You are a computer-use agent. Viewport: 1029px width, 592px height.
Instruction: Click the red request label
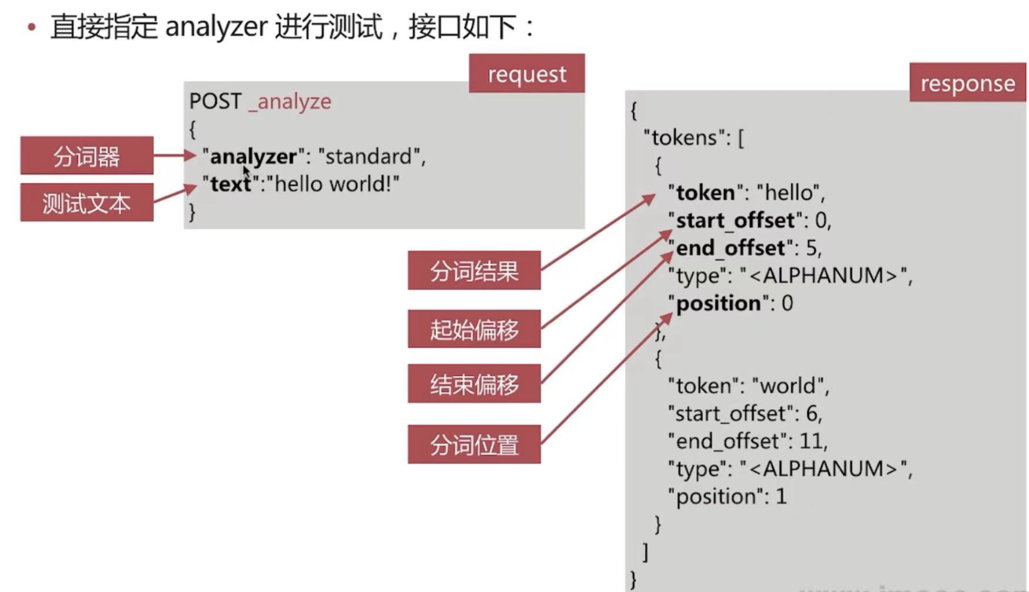pyautogui.click(x=527, y=74)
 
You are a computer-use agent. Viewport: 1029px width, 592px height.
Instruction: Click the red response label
pyautogui.click(x=967, y=83)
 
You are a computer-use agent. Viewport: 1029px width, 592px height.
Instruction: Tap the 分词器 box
pyautogui.click(x=86, y=156)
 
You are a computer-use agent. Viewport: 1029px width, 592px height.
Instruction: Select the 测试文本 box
pyautogui.click(x=86, y=203)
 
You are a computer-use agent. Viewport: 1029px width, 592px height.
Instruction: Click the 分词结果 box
pyautogui.click(x=474, y=271)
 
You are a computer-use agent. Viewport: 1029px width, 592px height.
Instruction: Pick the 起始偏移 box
pyautogui.click(x=474, y=329)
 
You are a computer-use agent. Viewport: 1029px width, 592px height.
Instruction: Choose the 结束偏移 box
pyautogui.click(x=474, y=384)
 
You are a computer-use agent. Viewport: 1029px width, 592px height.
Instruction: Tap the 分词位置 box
pyautogui.click(x=474, y=444)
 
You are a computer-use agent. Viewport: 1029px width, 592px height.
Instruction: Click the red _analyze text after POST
pyautogui.click(x=290, y=102)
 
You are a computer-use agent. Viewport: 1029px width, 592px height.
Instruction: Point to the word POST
pyautogui.click(x=215, y=102)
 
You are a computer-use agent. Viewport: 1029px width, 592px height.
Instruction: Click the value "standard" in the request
pyautogui.click(x=369, y=157)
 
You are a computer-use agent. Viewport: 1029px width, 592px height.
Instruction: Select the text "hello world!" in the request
pyautogui.click(x=337, y=185)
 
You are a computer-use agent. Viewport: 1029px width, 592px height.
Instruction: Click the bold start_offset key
pyautogui.click(x=735, y=221)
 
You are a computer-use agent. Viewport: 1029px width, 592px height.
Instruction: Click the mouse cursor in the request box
pyautogui.click(x=246, y=171)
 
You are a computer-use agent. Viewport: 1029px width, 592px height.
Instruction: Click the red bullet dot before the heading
pyautogui.click(x=32, y=27)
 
